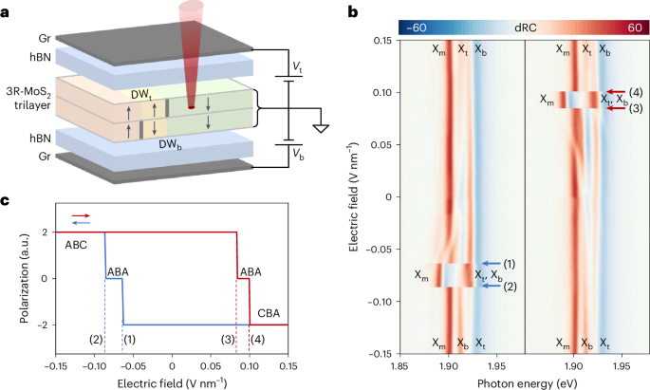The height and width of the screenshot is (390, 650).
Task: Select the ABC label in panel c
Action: click(x=77, y=244)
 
